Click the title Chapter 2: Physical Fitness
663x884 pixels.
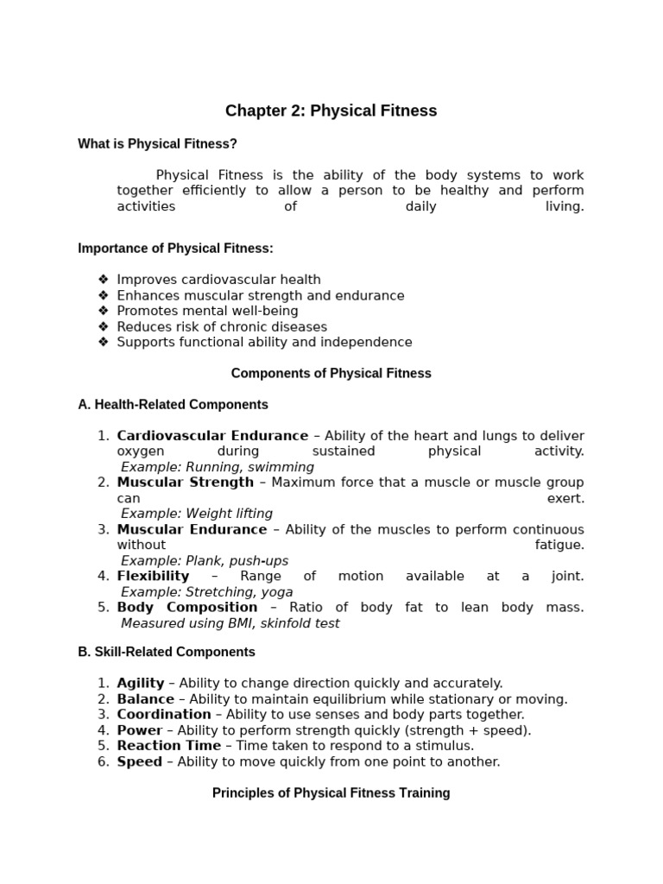pyautogui.click(x=331, y=110)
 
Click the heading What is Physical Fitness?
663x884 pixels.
pyautogui.click(x=157, y=143)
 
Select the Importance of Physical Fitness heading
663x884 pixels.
pyautogui.click(x=175, y=249)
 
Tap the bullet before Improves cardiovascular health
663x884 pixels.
pyautogui.click(x=104, y=280)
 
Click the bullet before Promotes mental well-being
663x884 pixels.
pyautogui.click(x=104, y=311)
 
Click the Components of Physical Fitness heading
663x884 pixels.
pyautogui.click(x=331, y=374)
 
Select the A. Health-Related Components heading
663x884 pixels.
pyautogui.click(x=173, y=405)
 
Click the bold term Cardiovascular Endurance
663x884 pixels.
pyautogui.click(x=212, y=436)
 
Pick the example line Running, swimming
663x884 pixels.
pyautogui.click(x=218, y=467)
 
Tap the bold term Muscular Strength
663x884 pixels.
pyautogui.click(x=186, y=483)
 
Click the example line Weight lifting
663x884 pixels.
pyautogui.click(x=197, y=514)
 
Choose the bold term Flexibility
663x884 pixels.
pyautogui.click(x=153, y=576)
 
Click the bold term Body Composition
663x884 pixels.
pyautogui.click(x=186, y=607)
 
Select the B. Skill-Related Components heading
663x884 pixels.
pyautogui.click(x=167, y=653)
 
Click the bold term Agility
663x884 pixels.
pyautogui.click(x=141, y=683)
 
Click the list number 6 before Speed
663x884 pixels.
pyautogui.click(x=103, y=761)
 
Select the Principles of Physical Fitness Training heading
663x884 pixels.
pyautogui.click(x=331, y=792)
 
